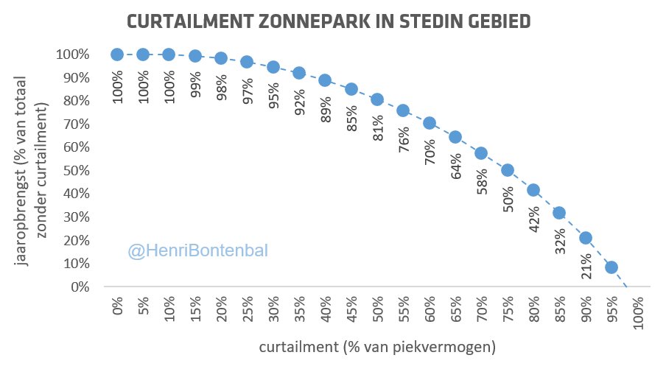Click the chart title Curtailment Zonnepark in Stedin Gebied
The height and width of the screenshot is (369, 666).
click(329, 21)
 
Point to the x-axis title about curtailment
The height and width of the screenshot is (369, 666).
click(377, 345)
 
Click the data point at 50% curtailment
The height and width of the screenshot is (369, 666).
click(377, 99)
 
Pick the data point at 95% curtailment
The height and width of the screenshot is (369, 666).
click(611, 267)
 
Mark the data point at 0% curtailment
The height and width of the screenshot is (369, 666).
click(117, 55)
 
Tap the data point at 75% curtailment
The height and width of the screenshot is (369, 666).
click(507, 170)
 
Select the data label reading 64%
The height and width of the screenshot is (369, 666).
click(455, 166)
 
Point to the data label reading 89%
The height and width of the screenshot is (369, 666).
click(325, 109)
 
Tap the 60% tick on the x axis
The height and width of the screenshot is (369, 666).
click(430, 309)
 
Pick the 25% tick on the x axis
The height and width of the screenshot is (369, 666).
click(248, 309)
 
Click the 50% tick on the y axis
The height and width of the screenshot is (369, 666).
click(74, 171)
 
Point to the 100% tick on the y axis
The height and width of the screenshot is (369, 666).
click(71, 55)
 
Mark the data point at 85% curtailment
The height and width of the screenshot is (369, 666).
click(559, 214)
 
